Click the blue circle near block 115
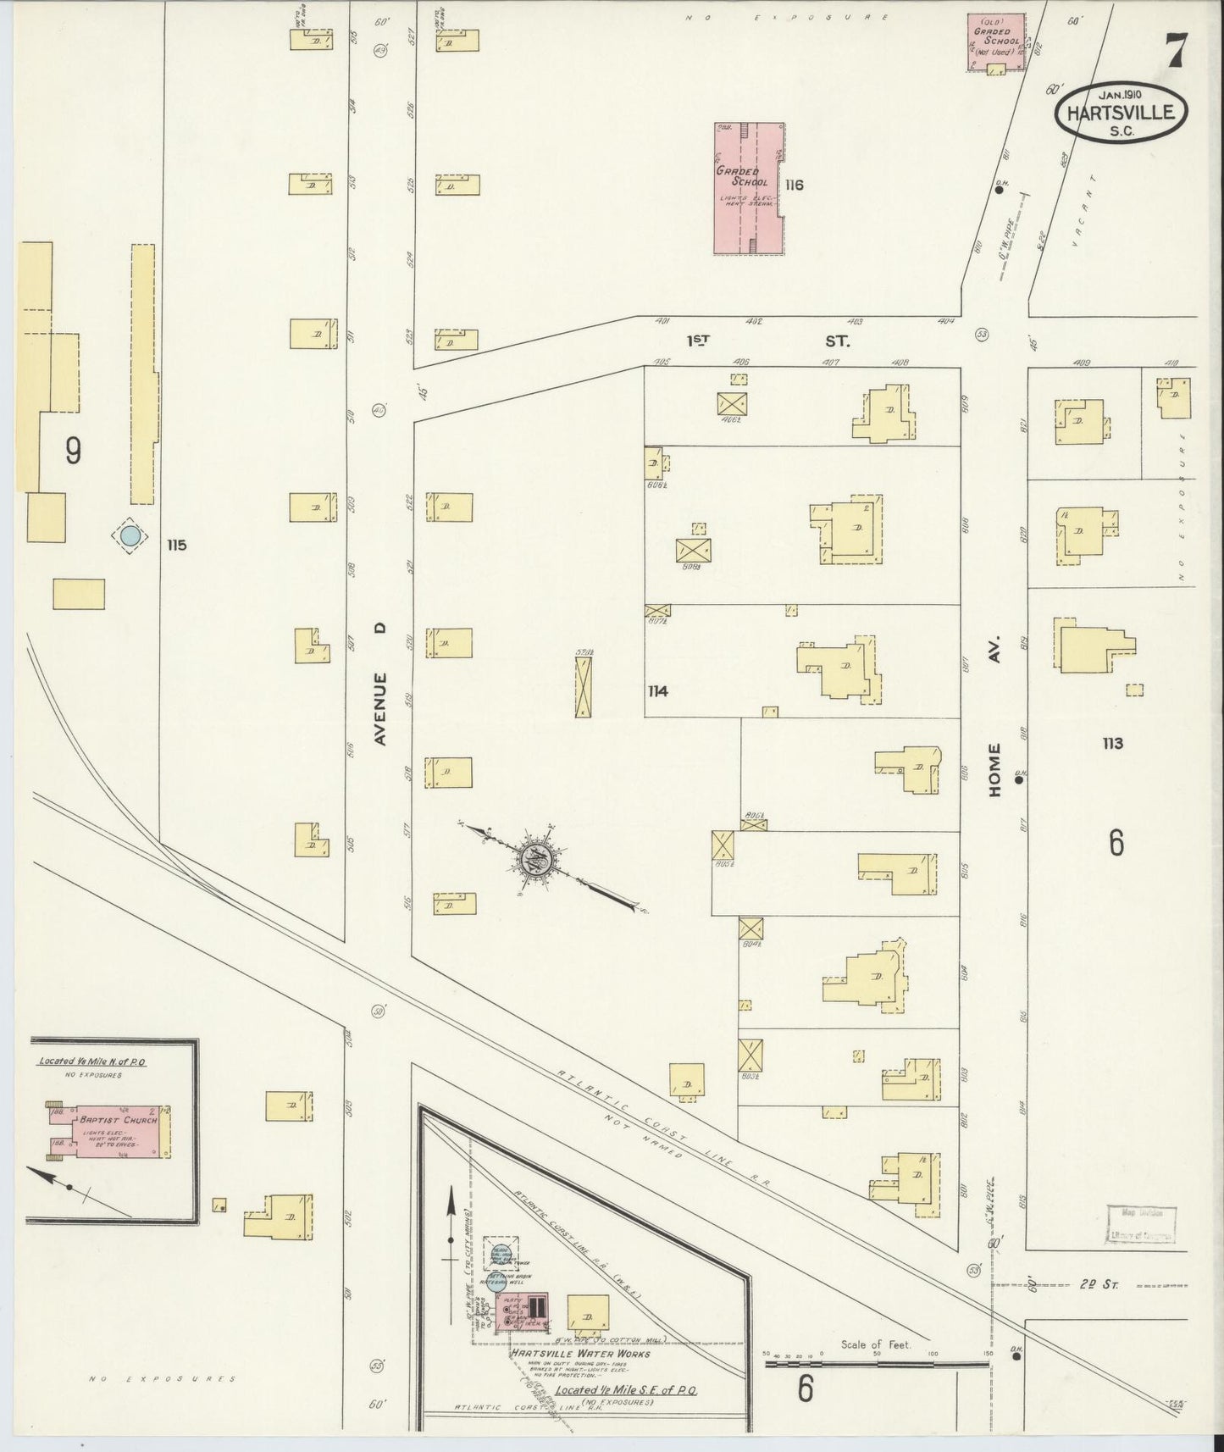[129, 535]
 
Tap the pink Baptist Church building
[110, 1130]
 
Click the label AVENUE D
[380, 684]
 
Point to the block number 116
[794, 185]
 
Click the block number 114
[657, 691]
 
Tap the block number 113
[1112, 743]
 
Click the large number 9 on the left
[73, 451]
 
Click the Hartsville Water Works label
[579, 1354]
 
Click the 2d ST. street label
[1099, 1285]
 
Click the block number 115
[176, 545]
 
